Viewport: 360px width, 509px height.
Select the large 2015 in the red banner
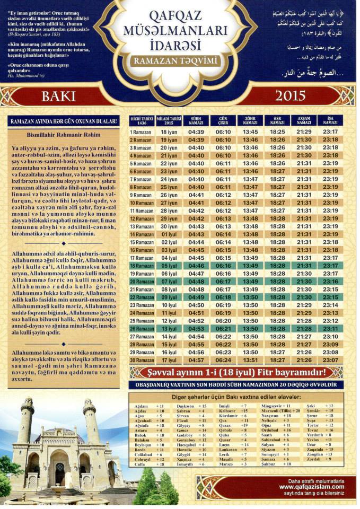[291, 95]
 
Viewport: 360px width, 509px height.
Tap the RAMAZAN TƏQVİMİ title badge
[176, 62]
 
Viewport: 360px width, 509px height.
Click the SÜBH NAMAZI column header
[196, 120]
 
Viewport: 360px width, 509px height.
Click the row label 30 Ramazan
[141, 360]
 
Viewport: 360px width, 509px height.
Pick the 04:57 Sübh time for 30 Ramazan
[196, 360]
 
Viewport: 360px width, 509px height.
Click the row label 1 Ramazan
[141, 131]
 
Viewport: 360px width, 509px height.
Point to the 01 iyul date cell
[169, 234]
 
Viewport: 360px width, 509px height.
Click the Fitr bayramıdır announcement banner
[236, 372]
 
